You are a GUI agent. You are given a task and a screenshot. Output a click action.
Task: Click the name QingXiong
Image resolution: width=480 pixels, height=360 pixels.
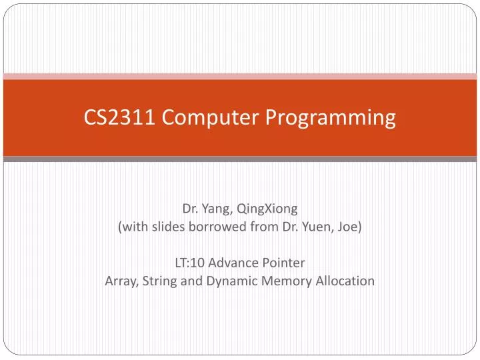point(273,209)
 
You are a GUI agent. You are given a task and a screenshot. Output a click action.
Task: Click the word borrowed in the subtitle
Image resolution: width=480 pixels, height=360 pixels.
point(221,227)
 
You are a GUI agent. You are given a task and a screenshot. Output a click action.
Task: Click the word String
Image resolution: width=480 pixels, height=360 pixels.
point(158,281)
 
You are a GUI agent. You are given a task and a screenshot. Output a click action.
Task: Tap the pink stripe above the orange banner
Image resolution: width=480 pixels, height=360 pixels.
point(240,76)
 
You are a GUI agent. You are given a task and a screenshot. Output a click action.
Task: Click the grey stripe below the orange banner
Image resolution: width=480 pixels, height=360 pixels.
point(240,159)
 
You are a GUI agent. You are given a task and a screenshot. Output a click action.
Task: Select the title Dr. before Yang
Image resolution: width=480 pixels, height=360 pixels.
point(191,209)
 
